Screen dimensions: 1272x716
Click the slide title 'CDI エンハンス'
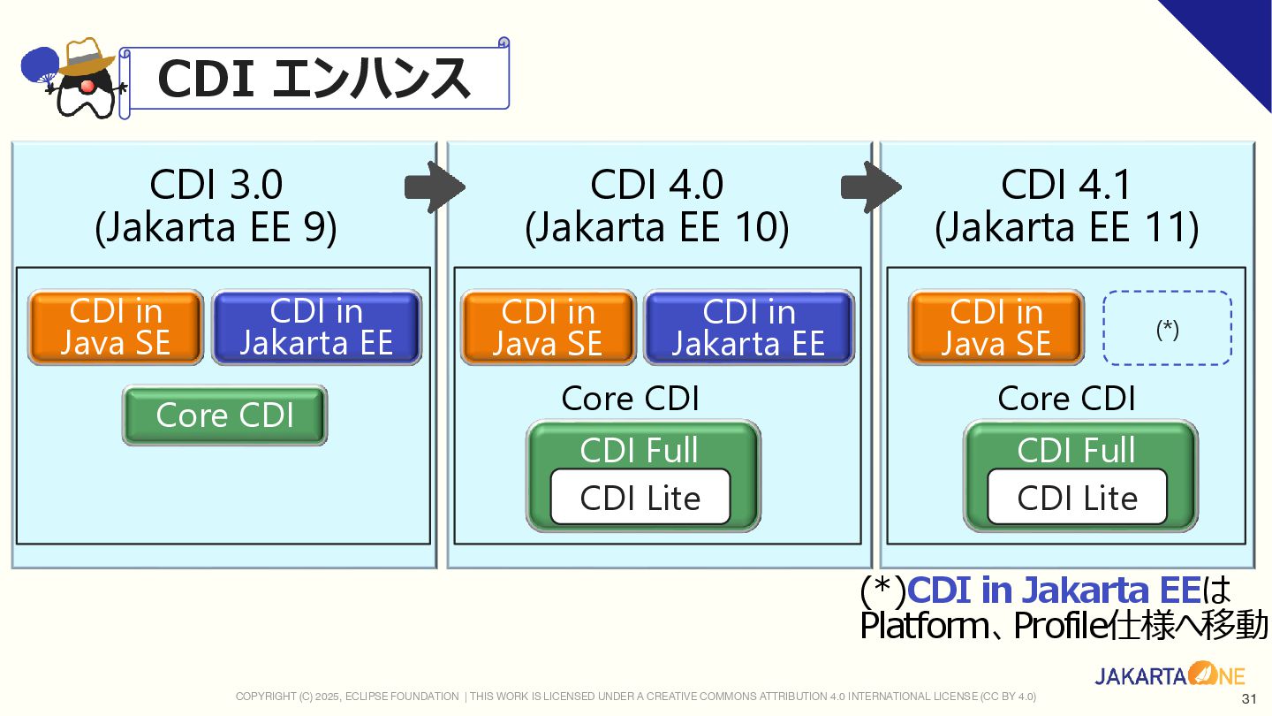point(314,79)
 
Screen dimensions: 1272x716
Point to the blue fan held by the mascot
point(40,65)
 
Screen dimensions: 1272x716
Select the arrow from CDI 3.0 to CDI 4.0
point(435,187)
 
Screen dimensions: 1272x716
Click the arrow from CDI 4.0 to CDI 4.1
point(871,187)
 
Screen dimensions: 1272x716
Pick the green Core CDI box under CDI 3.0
point(225,415)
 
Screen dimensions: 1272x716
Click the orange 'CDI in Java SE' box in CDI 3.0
point(116,327)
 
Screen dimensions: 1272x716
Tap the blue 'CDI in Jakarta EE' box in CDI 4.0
point(749,327)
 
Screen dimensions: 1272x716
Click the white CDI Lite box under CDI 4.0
point(640,497)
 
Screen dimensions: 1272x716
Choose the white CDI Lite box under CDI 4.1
point(1078,497)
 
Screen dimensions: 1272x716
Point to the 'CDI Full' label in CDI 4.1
point(1076,450)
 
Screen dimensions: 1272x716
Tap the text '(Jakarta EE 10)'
point(657,227)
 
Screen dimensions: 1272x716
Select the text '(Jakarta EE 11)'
point(1067,227)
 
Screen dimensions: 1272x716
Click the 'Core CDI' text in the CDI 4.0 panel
point(631,399)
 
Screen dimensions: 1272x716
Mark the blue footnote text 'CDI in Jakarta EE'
point(1055,590)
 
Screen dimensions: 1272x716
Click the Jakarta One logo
point(1170,674)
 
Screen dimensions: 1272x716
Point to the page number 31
point(1249,698)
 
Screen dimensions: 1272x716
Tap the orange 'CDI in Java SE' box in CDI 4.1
point(996,327)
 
